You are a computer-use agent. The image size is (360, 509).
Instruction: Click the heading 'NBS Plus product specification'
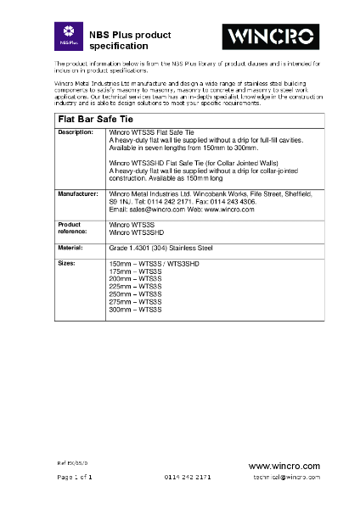tap(136, 40)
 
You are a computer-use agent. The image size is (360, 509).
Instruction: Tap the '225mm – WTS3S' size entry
tap(136, 288)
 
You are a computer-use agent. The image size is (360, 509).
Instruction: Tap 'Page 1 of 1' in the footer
tap(75, 478)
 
